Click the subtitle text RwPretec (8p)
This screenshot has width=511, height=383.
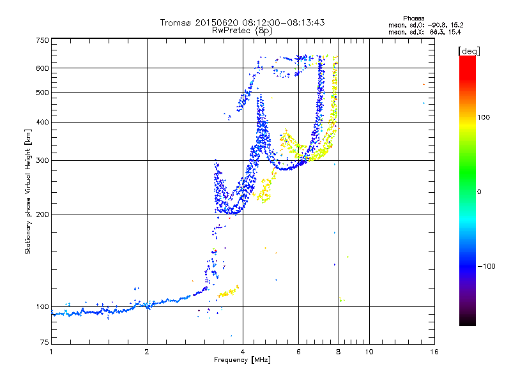tap(242, 31)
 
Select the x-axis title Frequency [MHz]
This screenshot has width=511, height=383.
tap(242, 360)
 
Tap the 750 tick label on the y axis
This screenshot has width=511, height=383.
tap(42, 40)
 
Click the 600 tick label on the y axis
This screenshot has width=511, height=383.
tap(42, 68)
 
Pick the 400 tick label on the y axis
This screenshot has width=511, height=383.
tap(42, 123)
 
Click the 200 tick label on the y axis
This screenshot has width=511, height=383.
tap(42, 214)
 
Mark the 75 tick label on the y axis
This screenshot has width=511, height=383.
tap(45, 342)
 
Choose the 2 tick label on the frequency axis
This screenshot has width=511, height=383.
tap(147, 352)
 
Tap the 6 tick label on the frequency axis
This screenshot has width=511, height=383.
tap(298, 352)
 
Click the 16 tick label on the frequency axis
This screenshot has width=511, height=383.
tap(434, 352)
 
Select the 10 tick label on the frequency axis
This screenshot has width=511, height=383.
tap(369, 352)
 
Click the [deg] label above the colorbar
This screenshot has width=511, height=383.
tap(469, 52)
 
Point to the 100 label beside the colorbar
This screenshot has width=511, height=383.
tap(484, 117)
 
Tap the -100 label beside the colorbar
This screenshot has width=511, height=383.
tap(487, 266)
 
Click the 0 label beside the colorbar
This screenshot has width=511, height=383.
tap(479, 192)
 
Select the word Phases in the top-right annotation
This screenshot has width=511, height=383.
tap(414, 19)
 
